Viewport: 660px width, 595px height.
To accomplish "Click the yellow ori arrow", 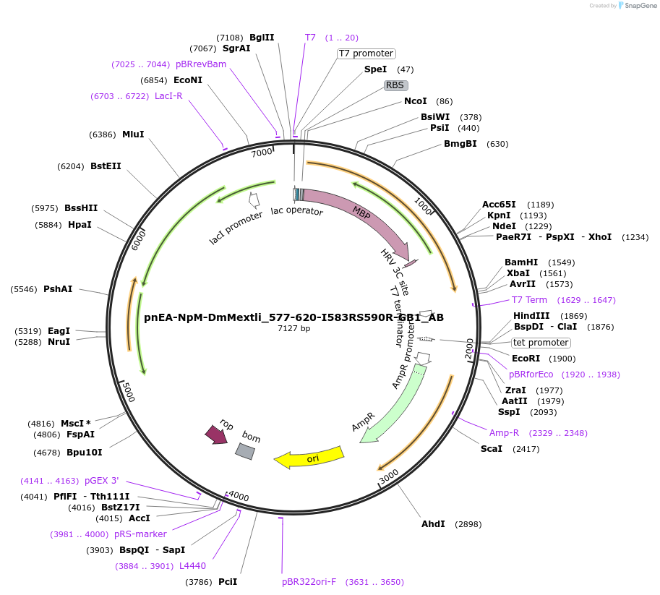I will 309,457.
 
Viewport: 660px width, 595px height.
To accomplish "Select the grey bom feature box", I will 245,450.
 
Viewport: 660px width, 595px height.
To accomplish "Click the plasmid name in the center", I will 293,317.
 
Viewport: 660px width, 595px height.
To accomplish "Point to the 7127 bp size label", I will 293,329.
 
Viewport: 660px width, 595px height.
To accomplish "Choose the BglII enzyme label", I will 262,38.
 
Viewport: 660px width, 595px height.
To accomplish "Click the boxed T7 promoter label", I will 367,53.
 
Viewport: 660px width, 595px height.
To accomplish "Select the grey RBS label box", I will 395,85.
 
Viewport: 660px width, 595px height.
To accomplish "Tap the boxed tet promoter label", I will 541,343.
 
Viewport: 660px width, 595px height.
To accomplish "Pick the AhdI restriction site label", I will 433,524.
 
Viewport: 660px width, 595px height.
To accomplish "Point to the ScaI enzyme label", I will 491,449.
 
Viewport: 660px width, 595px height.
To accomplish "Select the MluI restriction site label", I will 133,134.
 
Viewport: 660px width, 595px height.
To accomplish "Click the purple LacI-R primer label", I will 168,96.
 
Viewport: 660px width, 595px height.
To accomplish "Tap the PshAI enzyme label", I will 58,289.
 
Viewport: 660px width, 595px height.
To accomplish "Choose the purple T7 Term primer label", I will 529,300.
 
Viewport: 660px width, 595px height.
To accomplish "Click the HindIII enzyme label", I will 531,316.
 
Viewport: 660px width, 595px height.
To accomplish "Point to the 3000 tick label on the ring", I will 389,476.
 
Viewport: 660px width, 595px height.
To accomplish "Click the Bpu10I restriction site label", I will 84,453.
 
